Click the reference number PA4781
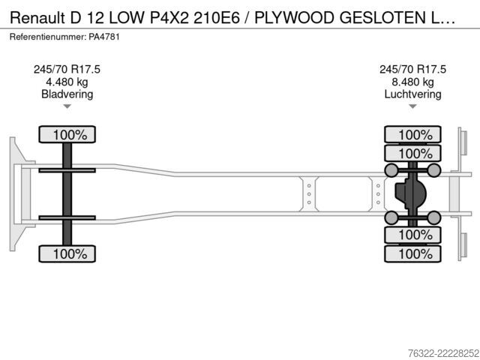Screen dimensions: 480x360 (x=104, y=37)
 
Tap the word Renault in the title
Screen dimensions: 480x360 (x=37, y=18)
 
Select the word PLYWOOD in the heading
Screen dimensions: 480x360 (x=295, y=18)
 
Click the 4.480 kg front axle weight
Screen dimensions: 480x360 (x=67, y=82)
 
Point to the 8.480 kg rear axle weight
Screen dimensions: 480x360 (x=412, y=82)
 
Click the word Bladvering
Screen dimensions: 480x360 (x=67, y=94)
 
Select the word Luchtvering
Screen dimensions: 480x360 (x=412, y=94)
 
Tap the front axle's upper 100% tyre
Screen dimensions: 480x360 (x=67, y=134)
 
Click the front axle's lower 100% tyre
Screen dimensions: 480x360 (x=67, y=253)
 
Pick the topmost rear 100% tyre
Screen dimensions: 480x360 (x=412, y=134)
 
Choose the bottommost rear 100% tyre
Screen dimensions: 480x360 (x=412, y=253)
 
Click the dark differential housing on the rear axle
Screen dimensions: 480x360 (x=410, y=193)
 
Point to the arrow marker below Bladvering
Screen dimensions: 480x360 (x=67, y=106)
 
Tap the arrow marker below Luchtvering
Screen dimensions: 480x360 (x=412, y=106)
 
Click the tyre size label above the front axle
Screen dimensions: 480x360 (x=67, y=70)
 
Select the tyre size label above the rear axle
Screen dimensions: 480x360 (x=412, y=70)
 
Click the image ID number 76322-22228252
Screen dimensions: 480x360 (x=443, y=353)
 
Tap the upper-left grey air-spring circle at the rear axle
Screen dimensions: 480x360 (x=391, y=170)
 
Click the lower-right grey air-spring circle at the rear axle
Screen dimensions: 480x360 (x=433, y=217)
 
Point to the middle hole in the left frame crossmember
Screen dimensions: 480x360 (x=309, y=194)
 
